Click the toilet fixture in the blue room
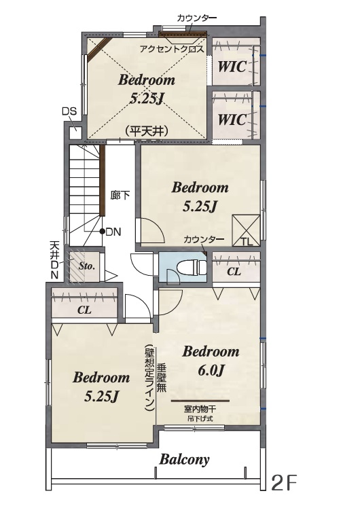(x=192, y=267)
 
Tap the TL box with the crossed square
(x=247, y=231)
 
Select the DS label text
(x=69, y=111)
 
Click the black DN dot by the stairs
(x=102, y=231)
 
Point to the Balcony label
(x=184, y=460)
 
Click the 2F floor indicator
(x=284, y=482)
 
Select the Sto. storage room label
(x=87, y=266)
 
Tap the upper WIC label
(x=232, y=67)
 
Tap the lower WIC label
(x=232, y=120)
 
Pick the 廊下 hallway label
(x=120, y=195)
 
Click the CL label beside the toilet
(x=234, y=272)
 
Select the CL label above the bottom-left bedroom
(x=85, y=310)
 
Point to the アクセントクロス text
(x=172, y=50)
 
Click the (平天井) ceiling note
(x=147, y=131)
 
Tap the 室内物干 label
(x=200, y=410)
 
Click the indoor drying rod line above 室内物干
(x=200, y=401)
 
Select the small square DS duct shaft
(x=76, y=133)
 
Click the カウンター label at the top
(x=196, y=18)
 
